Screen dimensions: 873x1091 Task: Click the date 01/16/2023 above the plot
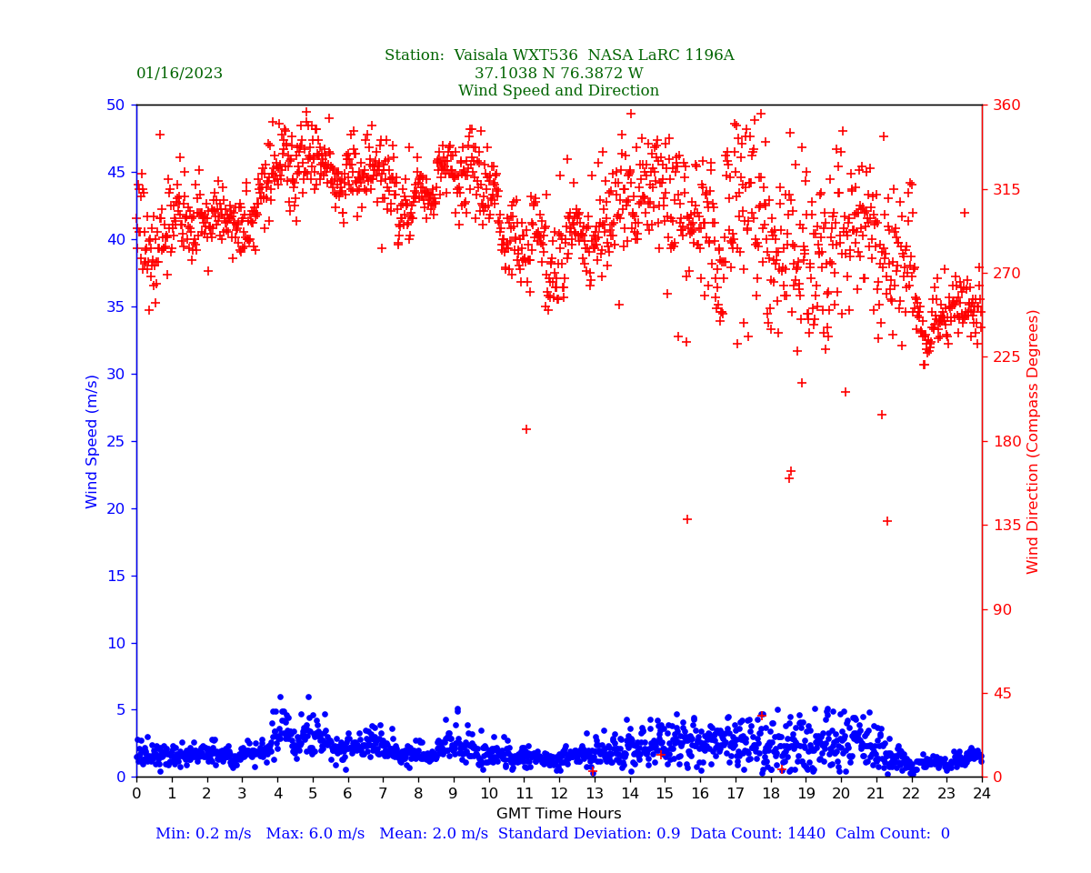point(179,74)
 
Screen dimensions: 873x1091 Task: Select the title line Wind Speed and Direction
point(558,91)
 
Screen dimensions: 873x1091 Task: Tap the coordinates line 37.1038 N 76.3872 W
point(558,74)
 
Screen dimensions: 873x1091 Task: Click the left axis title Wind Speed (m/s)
point(93,441)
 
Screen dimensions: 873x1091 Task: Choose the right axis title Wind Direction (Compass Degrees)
point(1033,441)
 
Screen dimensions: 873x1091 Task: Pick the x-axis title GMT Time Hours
point(558,814)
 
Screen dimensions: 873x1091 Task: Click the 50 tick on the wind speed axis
point(115,105)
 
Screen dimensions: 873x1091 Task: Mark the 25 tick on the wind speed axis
point(115,441)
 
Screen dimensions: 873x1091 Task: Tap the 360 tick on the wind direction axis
point(1006,105)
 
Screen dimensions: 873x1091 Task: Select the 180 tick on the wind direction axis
point(1006,441)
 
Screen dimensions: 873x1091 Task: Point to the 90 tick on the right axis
point(1002,609)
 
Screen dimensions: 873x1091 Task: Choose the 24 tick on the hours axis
point(982,794)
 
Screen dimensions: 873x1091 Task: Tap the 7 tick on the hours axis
point(383,794)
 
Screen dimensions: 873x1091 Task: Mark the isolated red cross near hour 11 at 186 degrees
point(526,429)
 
